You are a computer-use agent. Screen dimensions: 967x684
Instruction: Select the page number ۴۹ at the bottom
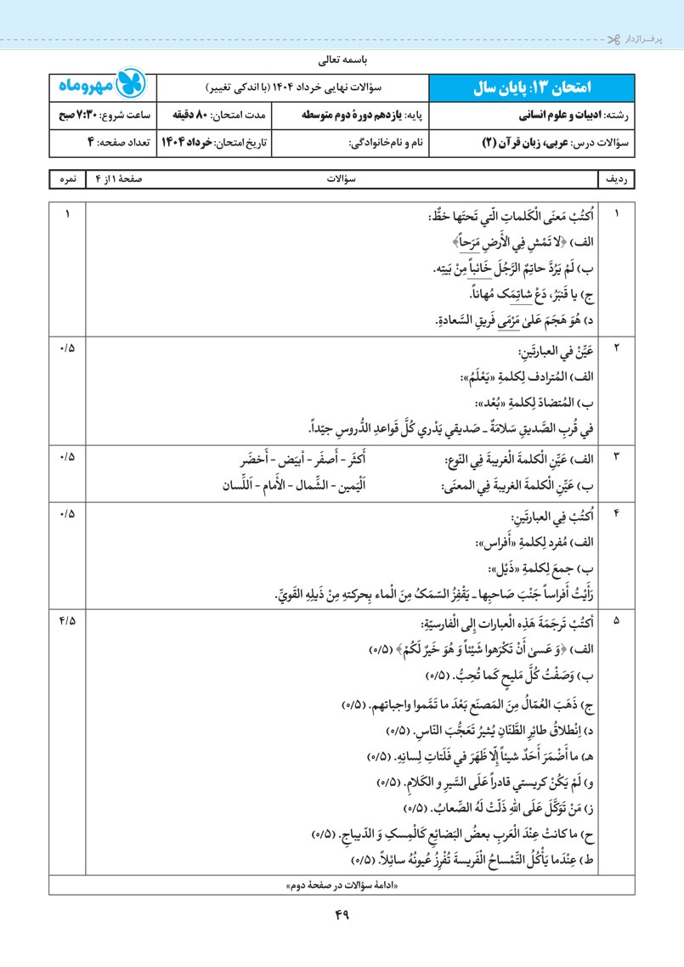(342, 915)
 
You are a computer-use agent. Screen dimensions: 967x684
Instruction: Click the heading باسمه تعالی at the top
(342, 60)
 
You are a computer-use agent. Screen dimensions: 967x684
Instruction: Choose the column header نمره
(64, 181)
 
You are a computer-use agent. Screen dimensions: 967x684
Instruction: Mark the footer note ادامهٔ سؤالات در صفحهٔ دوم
(342, 885)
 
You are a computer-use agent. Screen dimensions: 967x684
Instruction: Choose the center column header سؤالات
(342, 181)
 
